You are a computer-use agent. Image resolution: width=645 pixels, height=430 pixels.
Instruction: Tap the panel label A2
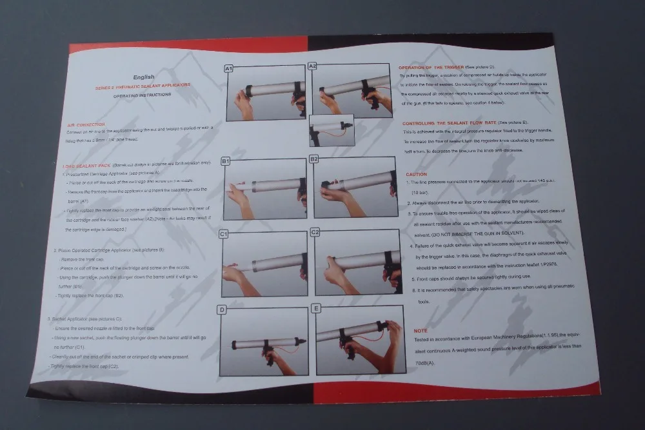click(x=312, y=66)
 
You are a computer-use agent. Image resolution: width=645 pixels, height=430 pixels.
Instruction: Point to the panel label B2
click(x=315, y=159)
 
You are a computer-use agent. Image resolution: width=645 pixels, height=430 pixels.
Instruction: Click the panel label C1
click(x=224, y=234)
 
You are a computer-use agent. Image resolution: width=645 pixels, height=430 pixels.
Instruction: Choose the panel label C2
click(x=315, y=231)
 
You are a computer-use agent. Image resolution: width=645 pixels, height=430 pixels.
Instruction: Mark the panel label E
click(x=316, y=308)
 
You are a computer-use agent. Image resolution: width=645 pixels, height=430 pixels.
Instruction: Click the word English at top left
click(x=144, y=77)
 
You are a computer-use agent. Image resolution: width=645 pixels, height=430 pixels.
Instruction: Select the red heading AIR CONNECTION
click(x=86, y=124)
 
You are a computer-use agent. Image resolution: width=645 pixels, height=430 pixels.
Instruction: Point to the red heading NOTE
click(x=420, y=330)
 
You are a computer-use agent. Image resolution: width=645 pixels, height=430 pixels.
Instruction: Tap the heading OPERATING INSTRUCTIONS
click(x=143, y=94)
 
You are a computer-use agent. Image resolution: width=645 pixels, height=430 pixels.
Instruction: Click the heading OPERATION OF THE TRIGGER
click(x=431, y=67)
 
